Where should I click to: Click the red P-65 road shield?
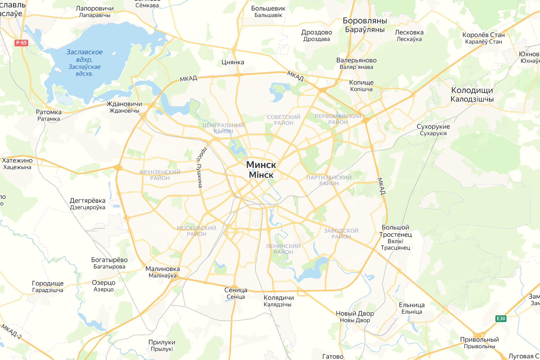(x=21, y=43)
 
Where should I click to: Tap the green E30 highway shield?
(x=501, y=318)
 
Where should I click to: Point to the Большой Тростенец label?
(x=396, y=231)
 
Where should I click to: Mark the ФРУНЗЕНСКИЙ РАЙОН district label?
(x=160, y=175)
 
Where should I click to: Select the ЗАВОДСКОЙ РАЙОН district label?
(x=341, y=234)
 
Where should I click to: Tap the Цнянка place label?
(x=233, y=62)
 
